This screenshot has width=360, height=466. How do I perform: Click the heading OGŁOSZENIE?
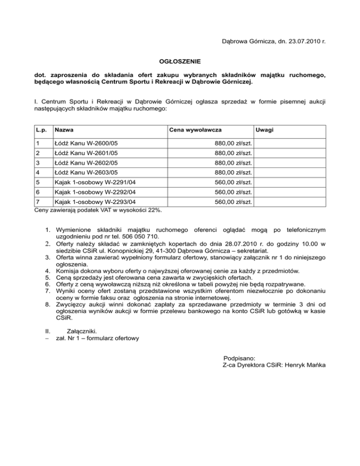180,61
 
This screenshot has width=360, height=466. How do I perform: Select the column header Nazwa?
64,128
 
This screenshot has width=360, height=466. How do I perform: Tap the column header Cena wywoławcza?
195,128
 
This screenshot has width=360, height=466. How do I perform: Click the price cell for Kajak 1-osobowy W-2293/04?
232,202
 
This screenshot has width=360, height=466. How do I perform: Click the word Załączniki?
83,331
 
